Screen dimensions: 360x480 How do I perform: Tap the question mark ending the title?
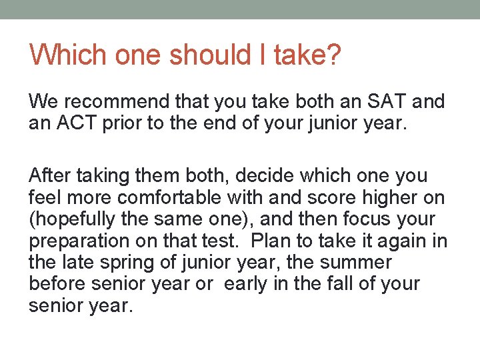pyautogui.click(x=333, y=55)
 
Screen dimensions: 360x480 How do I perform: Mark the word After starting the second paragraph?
pyautogui.click(x=51, y=176)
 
